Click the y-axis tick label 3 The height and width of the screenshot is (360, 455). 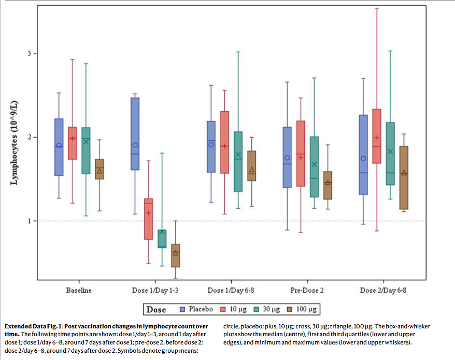pos(30,53)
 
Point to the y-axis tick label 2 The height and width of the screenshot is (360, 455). pos(30,137)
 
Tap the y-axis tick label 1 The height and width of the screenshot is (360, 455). pos(30,221)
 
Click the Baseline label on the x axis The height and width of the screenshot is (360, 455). pos(79,291)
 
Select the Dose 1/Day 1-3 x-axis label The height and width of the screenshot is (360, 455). pos(154,291)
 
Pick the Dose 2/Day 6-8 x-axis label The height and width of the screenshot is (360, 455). pos(383,291)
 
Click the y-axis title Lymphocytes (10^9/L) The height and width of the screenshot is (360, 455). pos(14,143)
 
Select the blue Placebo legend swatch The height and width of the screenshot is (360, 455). pos(182,309)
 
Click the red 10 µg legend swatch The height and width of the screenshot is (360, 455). pos(223,309)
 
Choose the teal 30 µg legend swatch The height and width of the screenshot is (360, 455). pos(258,309)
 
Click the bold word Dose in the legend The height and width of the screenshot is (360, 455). pos(157,309)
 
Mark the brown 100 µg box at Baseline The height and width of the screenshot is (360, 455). pos(99,169)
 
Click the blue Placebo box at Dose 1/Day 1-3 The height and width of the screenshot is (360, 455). pos(135,134)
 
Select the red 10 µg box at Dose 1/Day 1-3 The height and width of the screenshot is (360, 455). pos(148,219)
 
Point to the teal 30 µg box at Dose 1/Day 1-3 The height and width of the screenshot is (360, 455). pos(162,239)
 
